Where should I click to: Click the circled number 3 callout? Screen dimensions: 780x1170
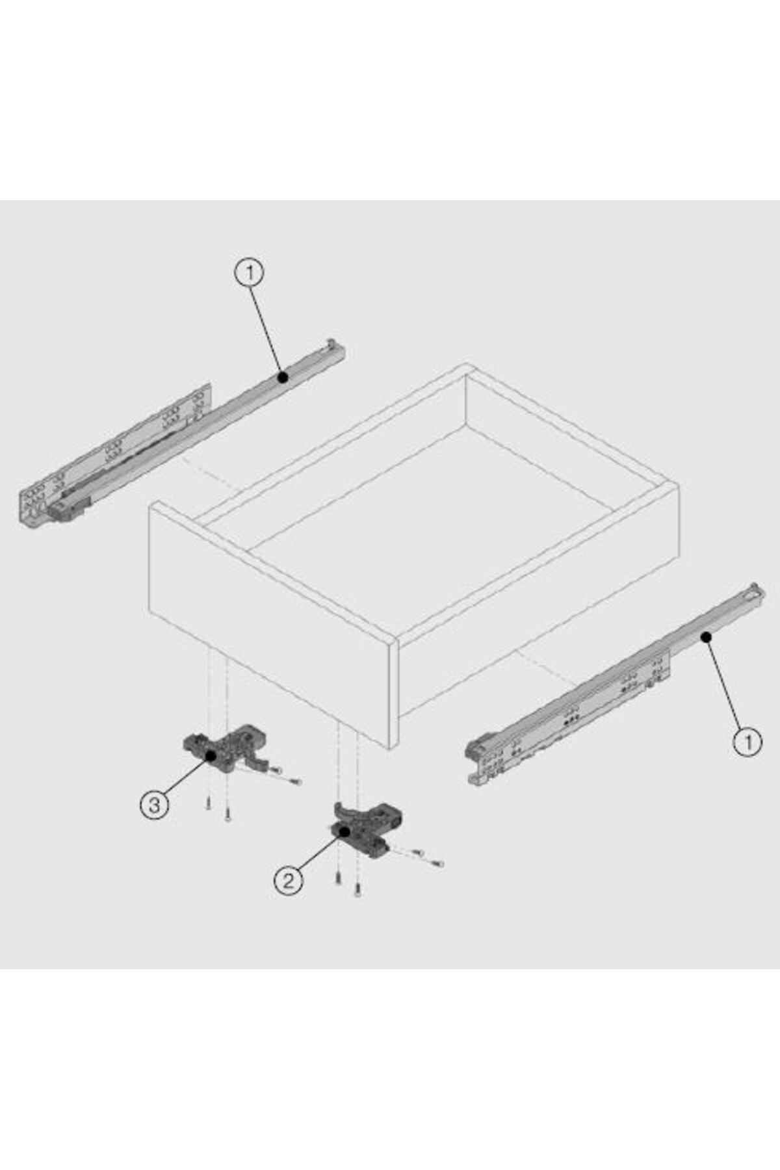point(154,805)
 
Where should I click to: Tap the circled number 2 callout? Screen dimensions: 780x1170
point(288,881)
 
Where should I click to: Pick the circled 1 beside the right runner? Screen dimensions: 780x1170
point(747,742)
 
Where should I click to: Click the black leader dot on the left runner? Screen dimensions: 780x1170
point(283,377)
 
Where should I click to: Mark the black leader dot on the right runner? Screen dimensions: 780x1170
point(706,638)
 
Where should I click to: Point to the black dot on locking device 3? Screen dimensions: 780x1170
point(211,755)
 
